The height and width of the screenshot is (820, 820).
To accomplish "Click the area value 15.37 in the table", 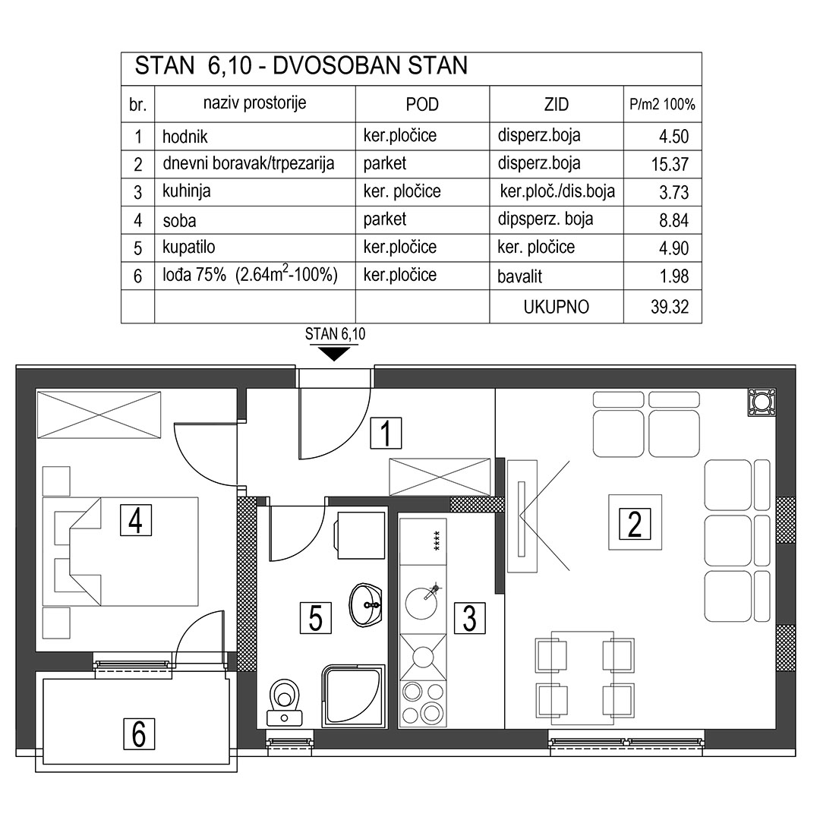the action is tap(670, 164).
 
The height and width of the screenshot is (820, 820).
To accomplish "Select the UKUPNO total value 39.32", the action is tap(670, 307).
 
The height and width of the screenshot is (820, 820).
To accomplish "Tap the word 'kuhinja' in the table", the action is tap(187, 191).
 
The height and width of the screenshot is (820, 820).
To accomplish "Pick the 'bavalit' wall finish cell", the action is tap(520, 276).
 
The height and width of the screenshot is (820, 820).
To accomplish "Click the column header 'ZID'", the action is tap(556, 105).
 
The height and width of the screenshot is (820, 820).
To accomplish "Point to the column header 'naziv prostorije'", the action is tap(254, 103).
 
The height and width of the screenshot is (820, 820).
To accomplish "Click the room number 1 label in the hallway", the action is tap(386, 433).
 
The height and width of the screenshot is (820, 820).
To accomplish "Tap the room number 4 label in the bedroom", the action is tap(136, 520).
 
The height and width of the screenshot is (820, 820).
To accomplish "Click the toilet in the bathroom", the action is tap(284, 702).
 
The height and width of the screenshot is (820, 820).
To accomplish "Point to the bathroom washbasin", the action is tap(366, 606).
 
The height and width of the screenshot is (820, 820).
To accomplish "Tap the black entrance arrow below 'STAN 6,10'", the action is tap(335, 354).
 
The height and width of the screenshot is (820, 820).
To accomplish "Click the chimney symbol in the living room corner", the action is tap(762, 402).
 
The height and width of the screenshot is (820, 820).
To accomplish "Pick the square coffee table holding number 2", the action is tap(635, 522).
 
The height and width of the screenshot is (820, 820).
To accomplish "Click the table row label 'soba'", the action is tap(179, 221).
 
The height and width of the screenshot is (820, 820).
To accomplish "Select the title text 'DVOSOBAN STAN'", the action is tap(371, 66).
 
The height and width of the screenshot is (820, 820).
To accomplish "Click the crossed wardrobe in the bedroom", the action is tap(99, 415).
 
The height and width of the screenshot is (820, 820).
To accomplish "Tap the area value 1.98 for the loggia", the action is tap(673, 276).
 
